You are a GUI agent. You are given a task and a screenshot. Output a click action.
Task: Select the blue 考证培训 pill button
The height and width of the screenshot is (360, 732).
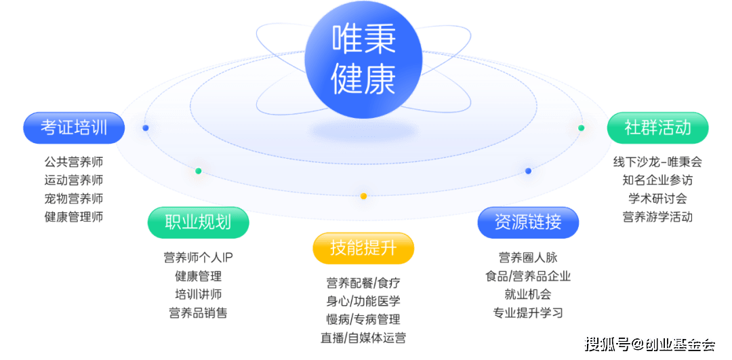point(74,128)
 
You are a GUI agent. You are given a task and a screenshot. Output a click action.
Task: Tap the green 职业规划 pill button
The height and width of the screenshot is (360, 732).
point(198,223)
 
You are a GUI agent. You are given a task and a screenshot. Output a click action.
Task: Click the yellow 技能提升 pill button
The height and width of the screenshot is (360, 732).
point(363,248)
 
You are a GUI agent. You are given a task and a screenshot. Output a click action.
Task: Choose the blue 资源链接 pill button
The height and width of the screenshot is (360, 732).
point(528,222)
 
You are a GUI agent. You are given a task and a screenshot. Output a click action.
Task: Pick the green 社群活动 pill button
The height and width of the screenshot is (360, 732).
point(657,127)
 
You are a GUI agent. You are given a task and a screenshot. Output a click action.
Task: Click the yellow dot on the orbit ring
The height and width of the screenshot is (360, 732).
point(363,196)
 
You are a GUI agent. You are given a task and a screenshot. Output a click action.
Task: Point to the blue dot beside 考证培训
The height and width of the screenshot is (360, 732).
point(145,127)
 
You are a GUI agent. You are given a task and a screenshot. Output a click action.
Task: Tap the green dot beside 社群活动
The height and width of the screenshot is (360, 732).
point(581,127)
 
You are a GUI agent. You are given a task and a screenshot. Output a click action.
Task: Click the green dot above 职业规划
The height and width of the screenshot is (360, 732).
point(198,171)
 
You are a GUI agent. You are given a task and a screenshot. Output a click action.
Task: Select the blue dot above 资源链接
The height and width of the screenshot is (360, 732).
point(528,171)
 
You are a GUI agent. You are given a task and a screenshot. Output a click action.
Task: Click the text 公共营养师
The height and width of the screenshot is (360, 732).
point(73,163)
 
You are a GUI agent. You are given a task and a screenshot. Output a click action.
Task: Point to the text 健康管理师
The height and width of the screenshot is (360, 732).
point(73,217)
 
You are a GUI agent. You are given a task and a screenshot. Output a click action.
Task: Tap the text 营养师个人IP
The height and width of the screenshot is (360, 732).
point(198,258)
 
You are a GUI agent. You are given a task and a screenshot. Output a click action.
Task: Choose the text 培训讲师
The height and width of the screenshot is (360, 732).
point(198,295)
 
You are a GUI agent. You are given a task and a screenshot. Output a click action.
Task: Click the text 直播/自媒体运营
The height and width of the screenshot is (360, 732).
point(363,337)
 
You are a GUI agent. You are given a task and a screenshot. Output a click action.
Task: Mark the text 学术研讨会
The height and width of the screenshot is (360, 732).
point(657,199)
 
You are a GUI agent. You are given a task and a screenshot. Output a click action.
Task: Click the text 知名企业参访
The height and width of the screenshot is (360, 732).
point(657,180)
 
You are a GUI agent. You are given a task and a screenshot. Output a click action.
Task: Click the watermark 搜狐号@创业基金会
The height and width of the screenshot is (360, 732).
point(649,344)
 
